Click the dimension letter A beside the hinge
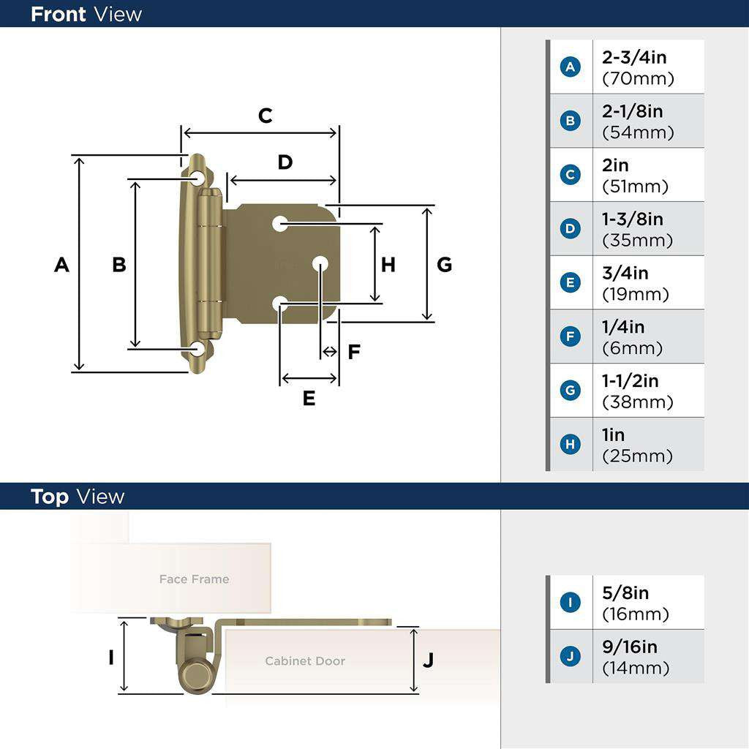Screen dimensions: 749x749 [x=61, y=265]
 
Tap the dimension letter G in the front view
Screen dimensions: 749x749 [x=444, y=265]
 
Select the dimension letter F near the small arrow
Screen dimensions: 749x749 [x=354, y=353]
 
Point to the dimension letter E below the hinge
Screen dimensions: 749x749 [x=309, y=399]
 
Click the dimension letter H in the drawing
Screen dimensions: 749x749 [x=388, y=265]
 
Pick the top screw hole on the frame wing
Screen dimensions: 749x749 [x=198, y=178]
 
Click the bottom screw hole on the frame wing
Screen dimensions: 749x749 [x=197, y=349]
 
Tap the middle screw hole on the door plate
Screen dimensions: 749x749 [x=320, y=263]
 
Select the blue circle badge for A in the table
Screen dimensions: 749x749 [x=571, y=67]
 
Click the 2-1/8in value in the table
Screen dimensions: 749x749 [x=632, y=112]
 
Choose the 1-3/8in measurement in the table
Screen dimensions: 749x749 [x=632, y=219]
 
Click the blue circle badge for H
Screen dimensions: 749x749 [x=571, y=445]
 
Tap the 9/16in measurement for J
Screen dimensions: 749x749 [x=629, y=647]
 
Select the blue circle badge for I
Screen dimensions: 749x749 [x=571, y=603]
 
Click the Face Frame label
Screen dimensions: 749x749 [x=194, y=579]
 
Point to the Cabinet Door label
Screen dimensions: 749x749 [x=305, y=661]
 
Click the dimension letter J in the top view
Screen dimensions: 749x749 [x=429, y=660]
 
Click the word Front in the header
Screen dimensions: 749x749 [x=59, y=14]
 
